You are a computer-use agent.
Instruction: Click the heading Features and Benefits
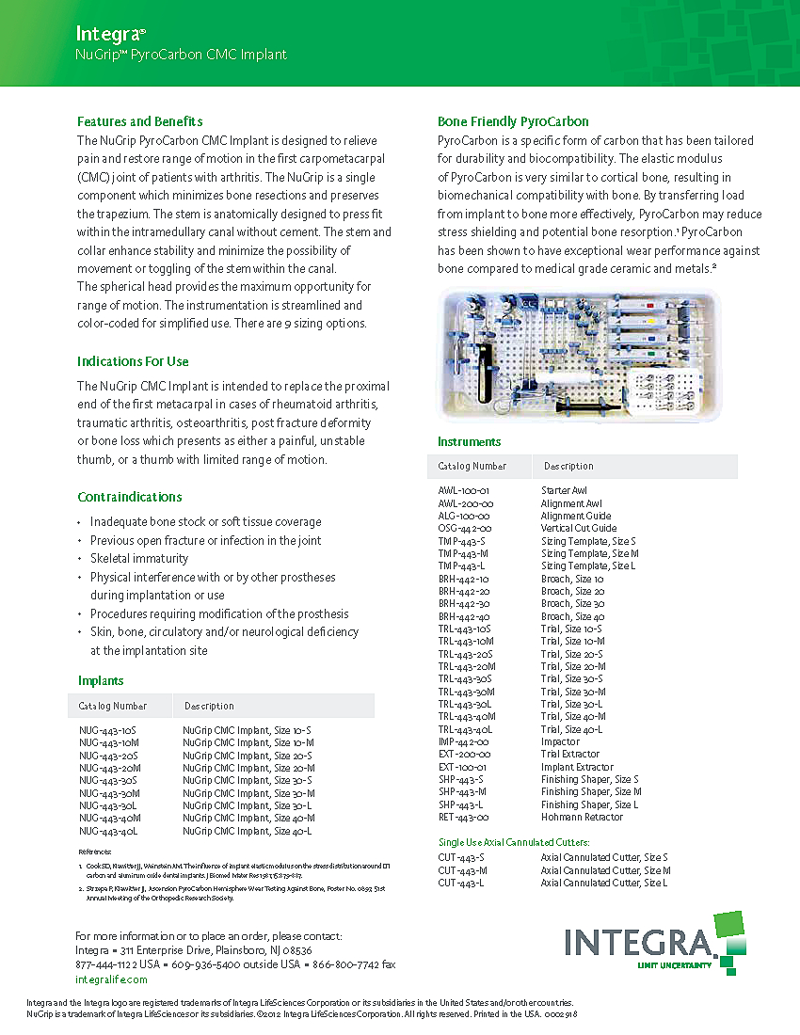point(139,121)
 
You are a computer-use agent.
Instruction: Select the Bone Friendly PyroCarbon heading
point(513,121)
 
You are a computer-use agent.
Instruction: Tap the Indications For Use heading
point(133,361)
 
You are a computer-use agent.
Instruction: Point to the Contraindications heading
point(130,497)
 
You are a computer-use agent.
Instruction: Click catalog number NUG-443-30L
point(108,806)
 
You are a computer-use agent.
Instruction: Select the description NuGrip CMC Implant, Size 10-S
point(247,730)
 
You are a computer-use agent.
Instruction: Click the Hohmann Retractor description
point(582,818)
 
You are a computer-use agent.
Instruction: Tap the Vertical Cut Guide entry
point(579,529)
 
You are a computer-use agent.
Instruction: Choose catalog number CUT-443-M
point(462,870)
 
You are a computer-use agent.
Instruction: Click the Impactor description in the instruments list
point(560,742)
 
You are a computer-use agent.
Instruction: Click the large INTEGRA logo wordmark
point(638,943)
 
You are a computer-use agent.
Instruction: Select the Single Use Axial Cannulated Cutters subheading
point(514,842)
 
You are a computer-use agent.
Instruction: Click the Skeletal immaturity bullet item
point(139,559)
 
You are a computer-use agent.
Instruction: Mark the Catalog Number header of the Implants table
point(113,706)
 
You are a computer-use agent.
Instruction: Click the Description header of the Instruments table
point(568,467)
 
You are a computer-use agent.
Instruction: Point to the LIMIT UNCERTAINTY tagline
point(674,966)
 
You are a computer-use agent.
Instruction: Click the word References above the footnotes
point(94,852)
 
